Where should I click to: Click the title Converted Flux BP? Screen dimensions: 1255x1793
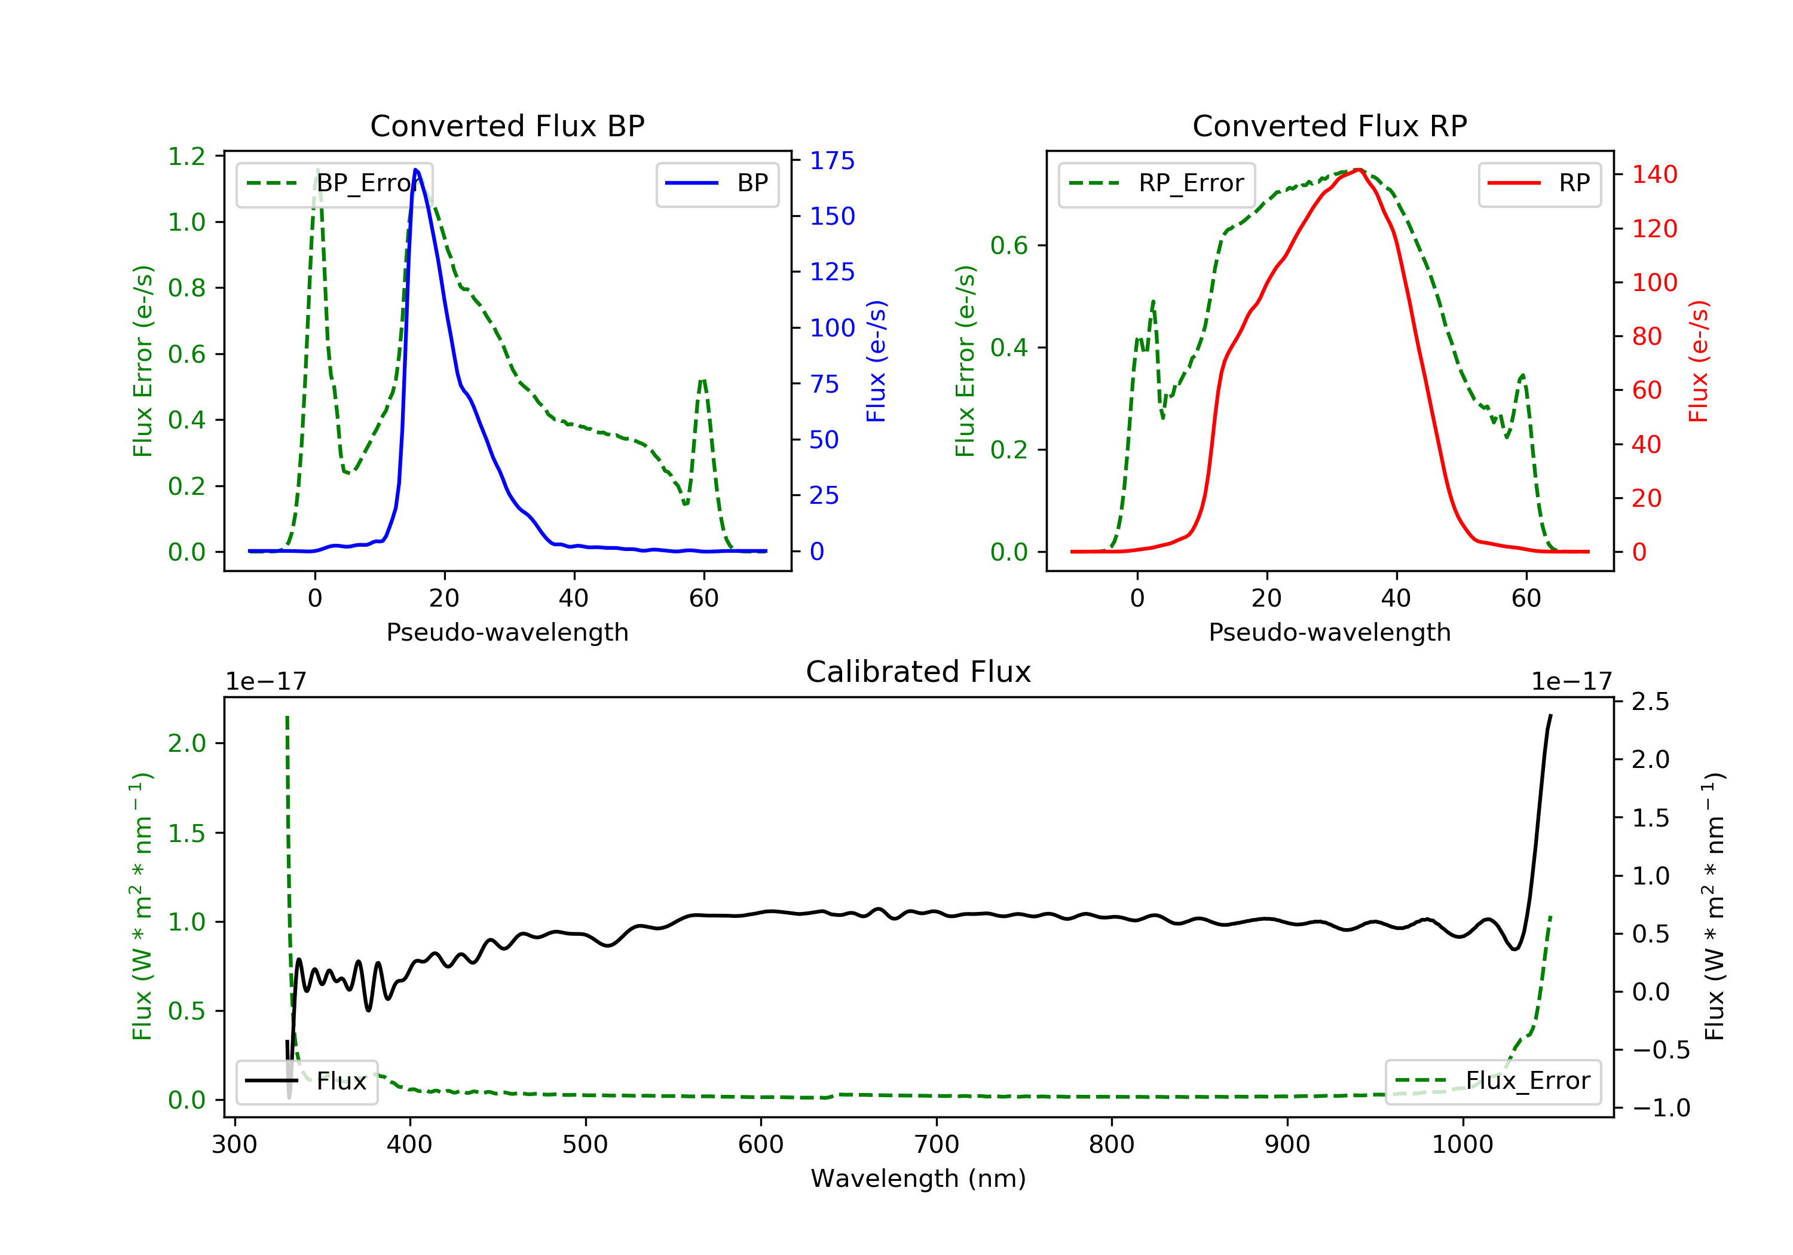[507, 125]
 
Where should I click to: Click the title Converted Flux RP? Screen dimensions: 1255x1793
[1329, 125]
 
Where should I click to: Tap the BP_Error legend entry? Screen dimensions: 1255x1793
[334, 183]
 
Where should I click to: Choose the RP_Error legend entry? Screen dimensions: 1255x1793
[1156, 183]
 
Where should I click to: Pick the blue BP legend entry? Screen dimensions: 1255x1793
[717, 183]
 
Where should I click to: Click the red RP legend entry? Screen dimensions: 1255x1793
[1539, 183]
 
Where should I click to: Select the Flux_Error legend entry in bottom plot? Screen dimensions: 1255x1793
[1492, 1081]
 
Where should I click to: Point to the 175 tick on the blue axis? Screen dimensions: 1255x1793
[832, 161]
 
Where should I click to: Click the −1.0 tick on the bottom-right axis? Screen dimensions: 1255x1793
[1660, 1108]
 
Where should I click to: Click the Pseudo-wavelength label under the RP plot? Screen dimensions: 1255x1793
[1329, 632]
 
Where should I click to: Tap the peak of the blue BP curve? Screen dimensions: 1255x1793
[415, 170]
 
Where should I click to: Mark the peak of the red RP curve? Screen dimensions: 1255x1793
[1359, 170]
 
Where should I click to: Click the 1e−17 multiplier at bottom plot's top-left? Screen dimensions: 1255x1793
[265, 682]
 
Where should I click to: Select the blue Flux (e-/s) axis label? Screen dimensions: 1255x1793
[876, 361]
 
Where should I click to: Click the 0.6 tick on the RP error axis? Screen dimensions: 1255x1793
[1009, 246]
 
